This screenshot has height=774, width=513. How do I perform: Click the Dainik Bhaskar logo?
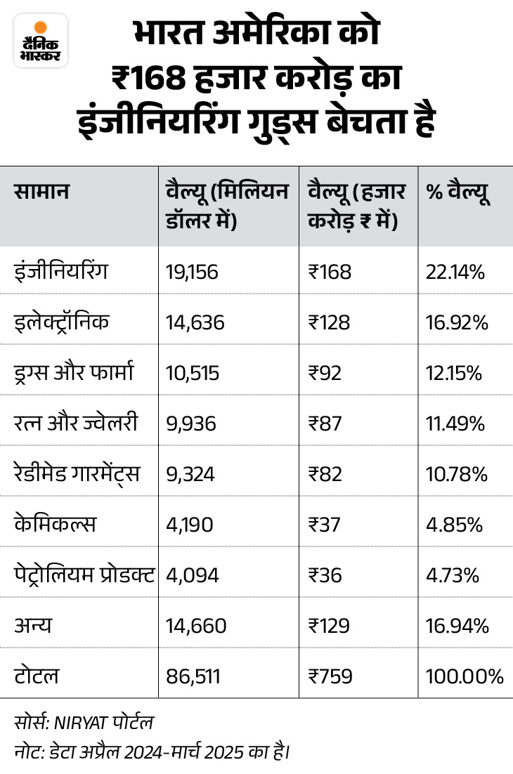[40, 40]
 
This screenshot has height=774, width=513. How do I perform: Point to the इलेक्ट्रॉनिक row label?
[62, 322]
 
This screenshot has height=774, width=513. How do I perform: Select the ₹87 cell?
[325, 424]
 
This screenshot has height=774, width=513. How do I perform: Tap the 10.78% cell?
[457, 474]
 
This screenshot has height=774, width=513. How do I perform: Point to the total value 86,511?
[194, 676]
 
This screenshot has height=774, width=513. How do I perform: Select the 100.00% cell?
[465, 676]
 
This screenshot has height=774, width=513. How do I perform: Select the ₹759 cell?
[330, 676]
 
